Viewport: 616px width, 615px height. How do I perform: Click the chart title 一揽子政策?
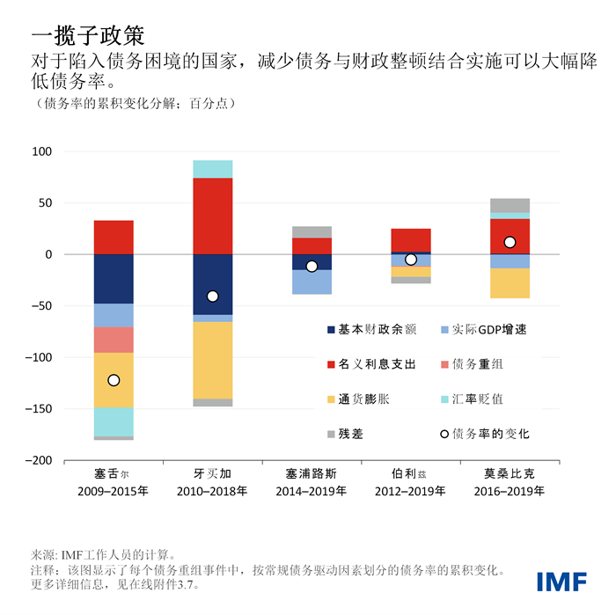tap(86, 35)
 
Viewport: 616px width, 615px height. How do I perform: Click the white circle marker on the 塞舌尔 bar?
tap(114, 380)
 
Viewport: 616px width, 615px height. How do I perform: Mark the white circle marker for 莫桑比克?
tap(510, 242)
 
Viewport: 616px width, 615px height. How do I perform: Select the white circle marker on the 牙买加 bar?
tap(212, 297)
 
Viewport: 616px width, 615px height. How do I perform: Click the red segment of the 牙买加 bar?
tap(212, 216)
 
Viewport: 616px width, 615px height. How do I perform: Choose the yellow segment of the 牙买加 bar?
tap(212, 360)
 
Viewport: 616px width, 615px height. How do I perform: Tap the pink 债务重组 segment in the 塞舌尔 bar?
tap(114, 340)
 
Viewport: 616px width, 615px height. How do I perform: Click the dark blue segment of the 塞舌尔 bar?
tap(114, 279)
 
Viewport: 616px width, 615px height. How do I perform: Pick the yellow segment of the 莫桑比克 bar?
tap(510, 283)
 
